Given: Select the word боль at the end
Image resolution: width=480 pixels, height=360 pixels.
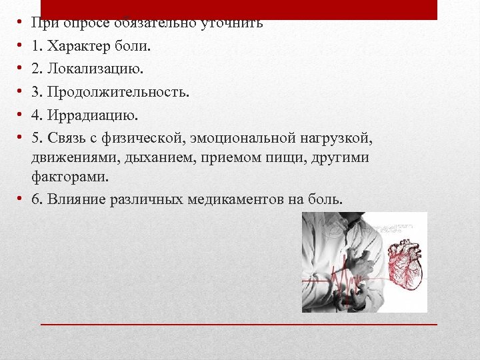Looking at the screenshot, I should (x=330, y=199).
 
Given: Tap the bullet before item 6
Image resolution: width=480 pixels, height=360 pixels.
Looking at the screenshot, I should (x=22, y=199).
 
